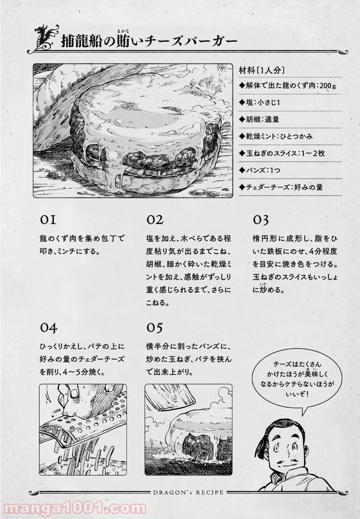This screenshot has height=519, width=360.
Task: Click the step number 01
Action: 48,220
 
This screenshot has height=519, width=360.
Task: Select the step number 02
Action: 155,220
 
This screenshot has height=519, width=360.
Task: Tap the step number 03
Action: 261,220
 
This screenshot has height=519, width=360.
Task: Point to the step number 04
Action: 49,328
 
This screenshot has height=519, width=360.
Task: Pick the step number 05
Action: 154,328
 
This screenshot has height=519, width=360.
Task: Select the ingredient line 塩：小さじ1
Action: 260,103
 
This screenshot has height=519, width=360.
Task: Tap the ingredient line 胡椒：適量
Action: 259,120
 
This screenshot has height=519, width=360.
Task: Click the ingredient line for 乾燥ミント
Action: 275,136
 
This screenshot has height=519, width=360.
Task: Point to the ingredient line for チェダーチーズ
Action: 281,187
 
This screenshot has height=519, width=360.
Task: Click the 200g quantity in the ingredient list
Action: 328,86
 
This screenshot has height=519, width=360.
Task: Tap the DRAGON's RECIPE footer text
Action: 188,492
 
